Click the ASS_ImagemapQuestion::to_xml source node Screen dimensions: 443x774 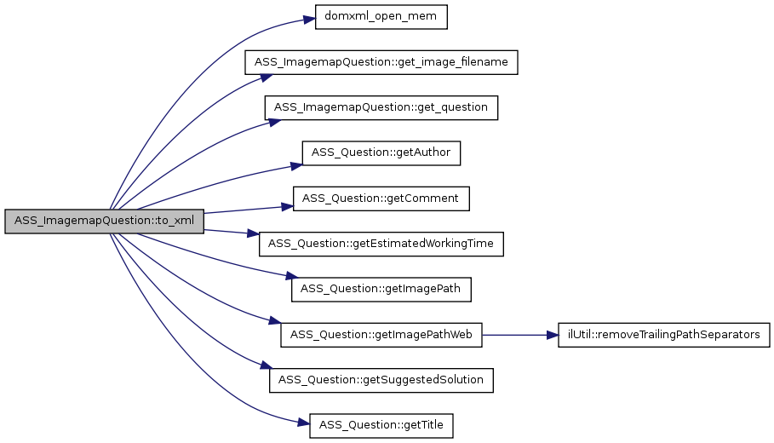click(x=104, y=221)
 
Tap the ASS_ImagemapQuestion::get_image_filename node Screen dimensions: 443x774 click(x=381, y=63)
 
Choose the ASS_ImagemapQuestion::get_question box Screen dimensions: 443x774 click(x=381, y=108)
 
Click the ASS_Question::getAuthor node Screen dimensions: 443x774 click(x=381, y=153)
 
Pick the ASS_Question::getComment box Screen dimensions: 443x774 click(x=381, y=198)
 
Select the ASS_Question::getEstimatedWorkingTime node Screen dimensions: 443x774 click(x=381, y=244)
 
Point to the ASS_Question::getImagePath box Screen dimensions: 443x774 click(x=381, y=289)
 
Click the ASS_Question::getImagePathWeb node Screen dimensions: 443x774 click(x=381, y=335)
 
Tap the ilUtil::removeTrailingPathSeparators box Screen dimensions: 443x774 click(x=663, y=335)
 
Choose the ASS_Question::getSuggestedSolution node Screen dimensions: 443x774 click(x=381, y=380)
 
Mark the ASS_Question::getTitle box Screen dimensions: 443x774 click(x=381, y=425)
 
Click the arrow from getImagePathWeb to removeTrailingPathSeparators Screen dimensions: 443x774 click(x=519, y=335)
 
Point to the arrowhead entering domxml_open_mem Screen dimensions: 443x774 click(x=310, y=19)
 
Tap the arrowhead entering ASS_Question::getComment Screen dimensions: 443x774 click(x=288, y=206)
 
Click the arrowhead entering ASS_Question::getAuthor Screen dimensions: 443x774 click(x=297, y=164)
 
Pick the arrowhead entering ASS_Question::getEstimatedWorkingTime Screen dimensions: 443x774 click(x=254, y=236)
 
